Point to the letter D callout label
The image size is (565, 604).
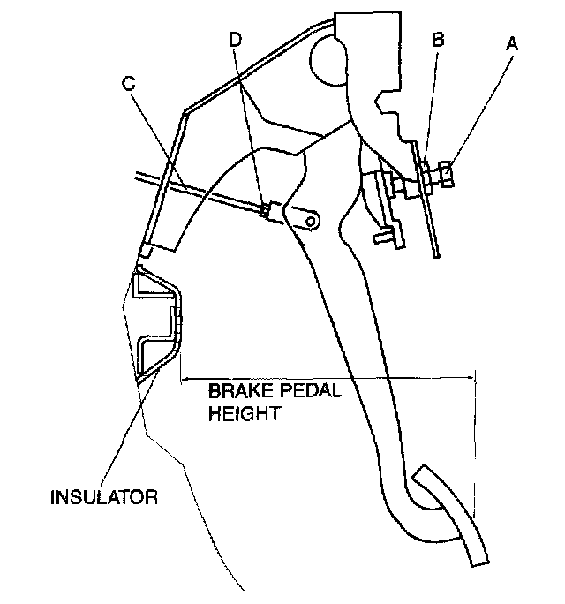click(x=234, y=41)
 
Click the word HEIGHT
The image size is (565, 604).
click(x=245, y=412)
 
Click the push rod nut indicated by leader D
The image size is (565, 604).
click(x=264, y=208)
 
